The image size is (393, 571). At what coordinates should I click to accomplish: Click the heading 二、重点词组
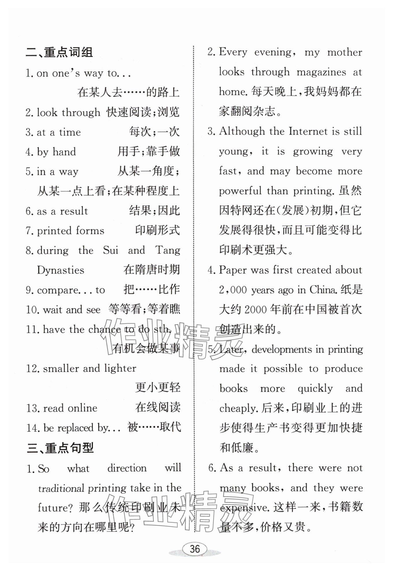click(59, 53)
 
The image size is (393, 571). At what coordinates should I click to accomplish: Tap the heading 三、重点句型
click(60, 448)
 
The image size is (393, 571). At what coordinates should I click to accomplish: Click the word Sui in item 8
click(111, 250)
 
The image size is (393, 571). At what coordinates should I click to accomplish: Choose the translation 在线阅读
click(158, 408)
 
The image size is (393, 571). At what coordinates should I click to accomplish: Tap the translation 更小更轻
click(158, 388)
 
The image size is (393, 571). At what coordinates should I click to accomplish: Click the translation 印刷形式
click(158, 230)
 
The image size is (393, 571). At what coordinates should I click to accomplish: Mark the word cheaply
click(238, 408)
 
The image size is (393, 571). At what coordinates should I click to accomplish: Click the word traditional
click(61, 488)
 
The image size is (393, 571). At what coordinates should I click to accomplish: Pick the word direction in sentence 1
click(127, 468)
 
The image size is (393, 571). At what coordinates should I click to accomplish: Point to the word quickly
click(315, 389)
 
